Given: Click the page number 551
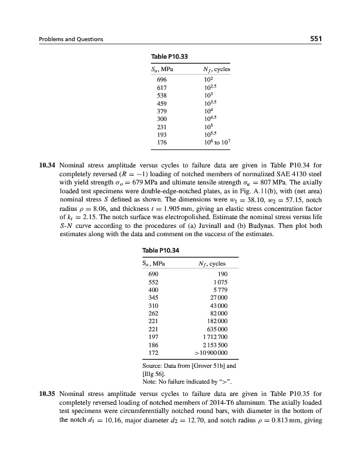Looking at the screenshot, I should [318, 39].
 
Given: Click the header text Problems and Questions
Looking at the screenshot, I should [71, 39].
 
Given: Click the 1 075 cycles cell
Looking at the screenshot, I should [218, 283].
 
